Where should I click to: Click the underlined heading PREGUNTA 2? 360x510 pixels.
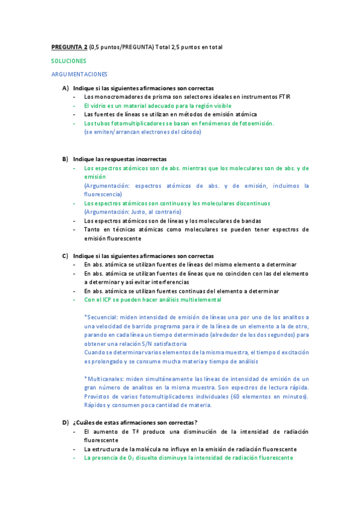[69, 47]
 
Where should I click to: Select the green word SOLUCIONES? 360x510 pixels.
[69, 61]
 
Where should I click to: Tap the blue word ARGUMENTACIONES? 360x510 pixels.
[79, 75]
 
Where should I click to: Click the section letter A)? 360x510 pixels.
[65, 88]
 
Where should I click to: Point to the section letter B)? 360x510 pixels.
[65, 159]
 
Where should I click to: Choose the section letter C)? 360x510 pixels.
[65, 256]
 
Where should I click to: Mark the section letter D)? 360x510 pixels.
[65, 423]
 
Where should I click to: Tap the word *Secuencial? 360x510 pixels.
[102, 317]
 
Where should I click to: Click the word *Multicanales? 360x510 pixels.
[106, 379]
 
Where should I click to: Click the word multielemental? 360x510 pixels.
[200, 300]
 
